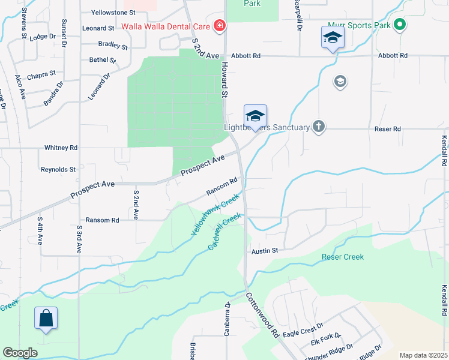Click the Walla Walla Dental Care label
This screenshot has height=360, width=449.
pyautogui.click(x=165, y=26)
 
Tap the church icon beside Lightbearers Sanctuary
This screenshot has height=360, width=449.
pyautogui.click(x=319, y=127)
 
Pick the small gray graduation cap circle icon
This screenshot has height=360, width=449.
pyautogui.click(x=340, y=82)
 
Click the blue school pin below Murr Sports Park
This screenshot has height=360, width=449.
pyautogui.click(x=332, y=38)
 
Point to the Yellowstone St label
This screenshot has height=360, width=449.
pyautogui.click(x=114, y=12)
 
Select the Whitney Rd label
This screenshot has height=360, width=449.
pyautogui.click(x=61, y=148)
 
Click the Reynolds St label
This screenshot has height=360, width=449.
pyautogui.click(x=58, y=170)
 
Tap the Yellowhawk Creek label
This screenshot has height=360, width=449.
pyautogui.click(x=212, y=217)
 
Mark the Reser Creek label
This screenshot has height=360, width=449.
pyautogui.click(x=343, y=257)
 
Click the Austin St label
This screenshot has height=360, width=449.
pyautogui.click(x=265, y=251)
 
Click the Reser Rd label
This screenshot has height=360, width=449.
pyautogui.click(x=388, y=129)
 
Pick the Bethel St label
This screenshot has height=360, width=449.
pyautogui.click(x=102, y=60)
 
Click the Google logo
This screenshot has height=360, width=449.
pyautogui.click(x=20, y=353)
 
